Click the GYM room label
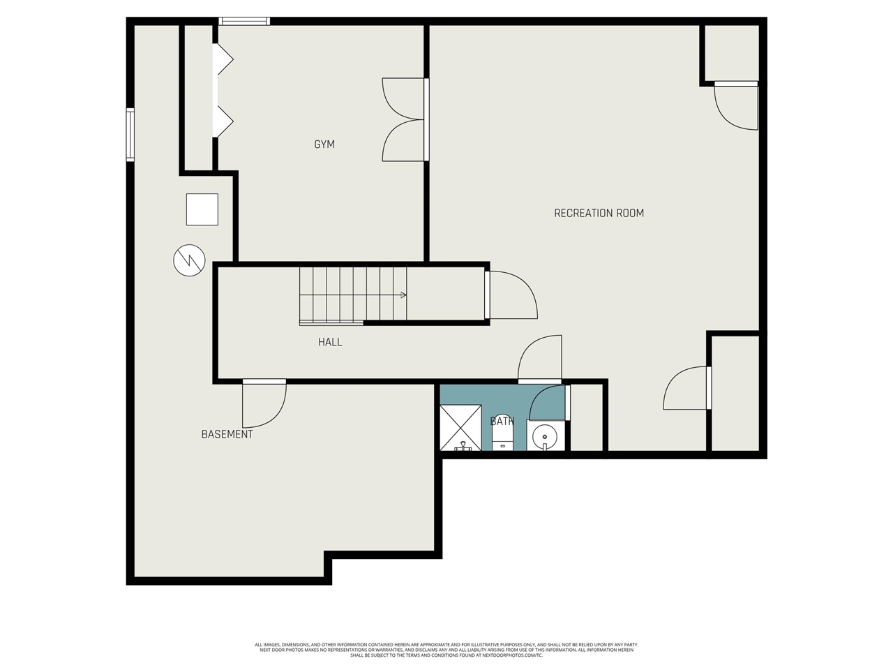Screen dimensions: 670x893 pos(324,144)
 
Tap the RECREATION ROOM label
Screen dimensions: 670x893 pos(599,213)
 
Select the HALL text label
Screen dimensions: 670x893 pos(330,342)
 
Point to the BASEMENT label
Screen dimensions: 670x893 pos(227,434)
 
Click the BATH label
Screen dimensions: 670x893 pos(502,421)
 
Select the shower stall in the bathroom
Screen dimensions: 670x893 pos(460,427)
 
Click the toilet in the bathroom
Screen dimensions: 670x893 pos(502,438)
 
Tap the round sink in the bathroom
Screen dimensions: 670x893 pos(545,437)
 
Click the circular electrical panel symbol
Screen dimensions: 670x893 pos(189,260)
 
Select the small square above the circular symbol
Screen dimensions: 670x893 pos(202,209)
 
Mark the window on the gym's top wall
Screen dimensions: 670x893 pos(244,21)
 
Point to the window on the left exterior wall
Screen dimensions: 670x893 pos(130,135)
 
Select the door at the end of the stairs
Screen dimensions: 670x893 pos(511,295)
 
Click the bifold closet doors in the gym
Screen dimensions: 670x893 pos(223,91)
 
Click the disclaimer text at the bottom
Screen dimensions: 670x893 pos(446,650)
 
